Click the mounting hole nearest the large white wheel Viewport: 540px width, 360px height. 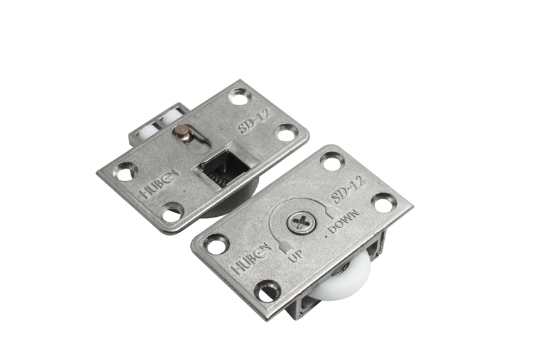coord(268,292)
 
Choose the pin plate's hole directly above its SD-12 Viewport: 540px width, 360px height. coord(239,96)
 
